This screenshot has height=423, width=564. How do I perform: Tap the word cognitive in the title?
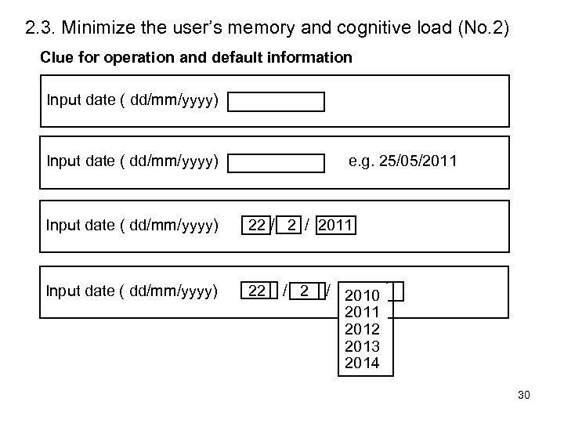(380, 30)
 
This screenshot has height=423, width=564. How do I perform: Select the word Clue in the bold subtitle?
(55, 58)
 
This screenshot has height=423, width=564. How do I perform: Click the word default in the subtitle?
(230, 58)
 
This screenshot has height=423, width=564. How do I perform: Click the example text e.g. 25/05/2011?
(403, 161)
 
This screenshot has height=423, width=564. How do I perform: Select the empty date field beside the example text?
(277, 163)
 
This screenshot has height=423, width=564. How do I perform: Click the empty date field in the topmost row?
(277, 102)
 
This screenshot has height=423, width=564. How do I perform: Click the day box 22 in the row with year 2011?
(255, 226)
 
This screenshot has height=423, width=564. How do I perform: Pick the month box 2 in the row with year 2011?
(291, 226)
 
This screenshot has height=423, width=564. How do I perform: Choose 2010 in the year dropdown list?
(362, 295)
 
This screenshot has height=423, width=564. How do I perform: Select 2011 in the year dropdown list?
(362, 313)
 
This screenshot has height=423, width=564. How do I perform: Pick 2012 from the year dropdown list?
(362, 329)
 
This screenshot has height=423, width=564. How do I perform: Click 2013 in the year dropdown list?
(362, 346)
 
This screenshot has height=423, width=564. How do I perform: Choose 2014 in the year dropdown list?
(362, 363)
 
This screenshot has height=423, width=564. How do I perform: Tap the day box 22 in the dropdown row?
(256, 291)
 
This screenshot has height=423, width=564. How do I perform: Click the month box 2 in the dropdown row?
(302, 291)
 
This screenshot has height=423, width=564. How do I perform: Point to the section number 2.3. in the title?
(39, 30)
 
